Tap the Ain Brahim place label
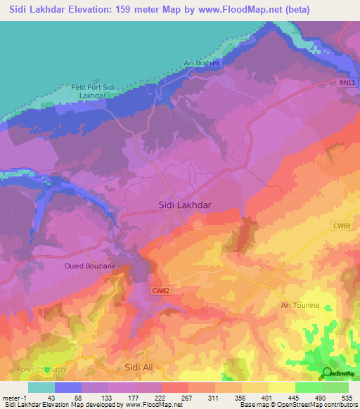point(202,63)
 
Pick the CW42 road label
point(160,290)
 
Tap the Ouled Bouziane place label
point(90,266)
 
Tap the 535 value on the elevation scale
point(346,398)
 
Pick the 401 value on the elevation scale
point(267,398)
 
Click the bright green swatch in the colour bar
point(308,387)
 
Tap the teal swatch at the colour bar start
point(41,387)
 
